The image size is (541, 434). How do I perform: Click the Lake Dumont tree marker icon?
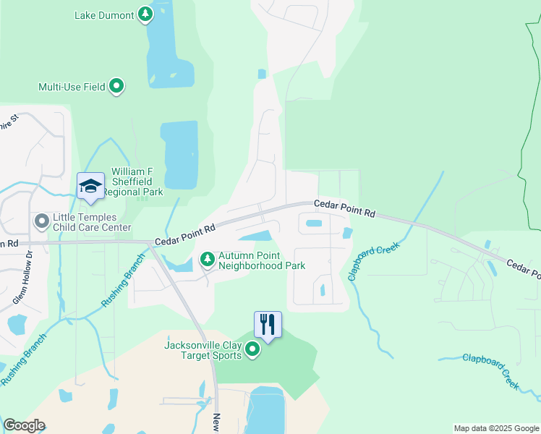point(145,14)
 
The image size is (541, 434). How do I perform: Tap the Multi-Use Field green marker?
point(116,87)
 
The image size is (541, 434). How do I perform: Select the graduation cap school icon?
point(90,186)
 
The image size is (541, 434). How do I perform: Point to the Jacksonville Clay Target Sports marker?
point(252,350)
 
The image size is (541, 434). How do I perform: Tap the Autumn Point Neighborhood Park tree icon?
point(208,259)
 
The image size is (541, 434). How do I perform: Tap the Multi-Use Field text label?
point(72,87)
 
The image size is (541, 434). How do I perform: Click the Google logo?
point(24,425)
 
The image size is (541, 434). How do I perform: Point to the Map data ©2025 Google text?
point(495,428)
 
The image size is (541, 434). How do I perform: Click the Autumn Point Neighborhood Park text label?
point(262,260)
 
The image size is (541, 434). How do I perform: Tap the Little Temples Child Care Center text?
point(91,222)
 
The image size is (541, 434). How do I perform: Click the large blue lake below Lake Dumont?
point(180,154)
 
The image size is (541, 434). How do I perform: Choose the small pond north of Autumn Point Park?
point(255,236)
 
